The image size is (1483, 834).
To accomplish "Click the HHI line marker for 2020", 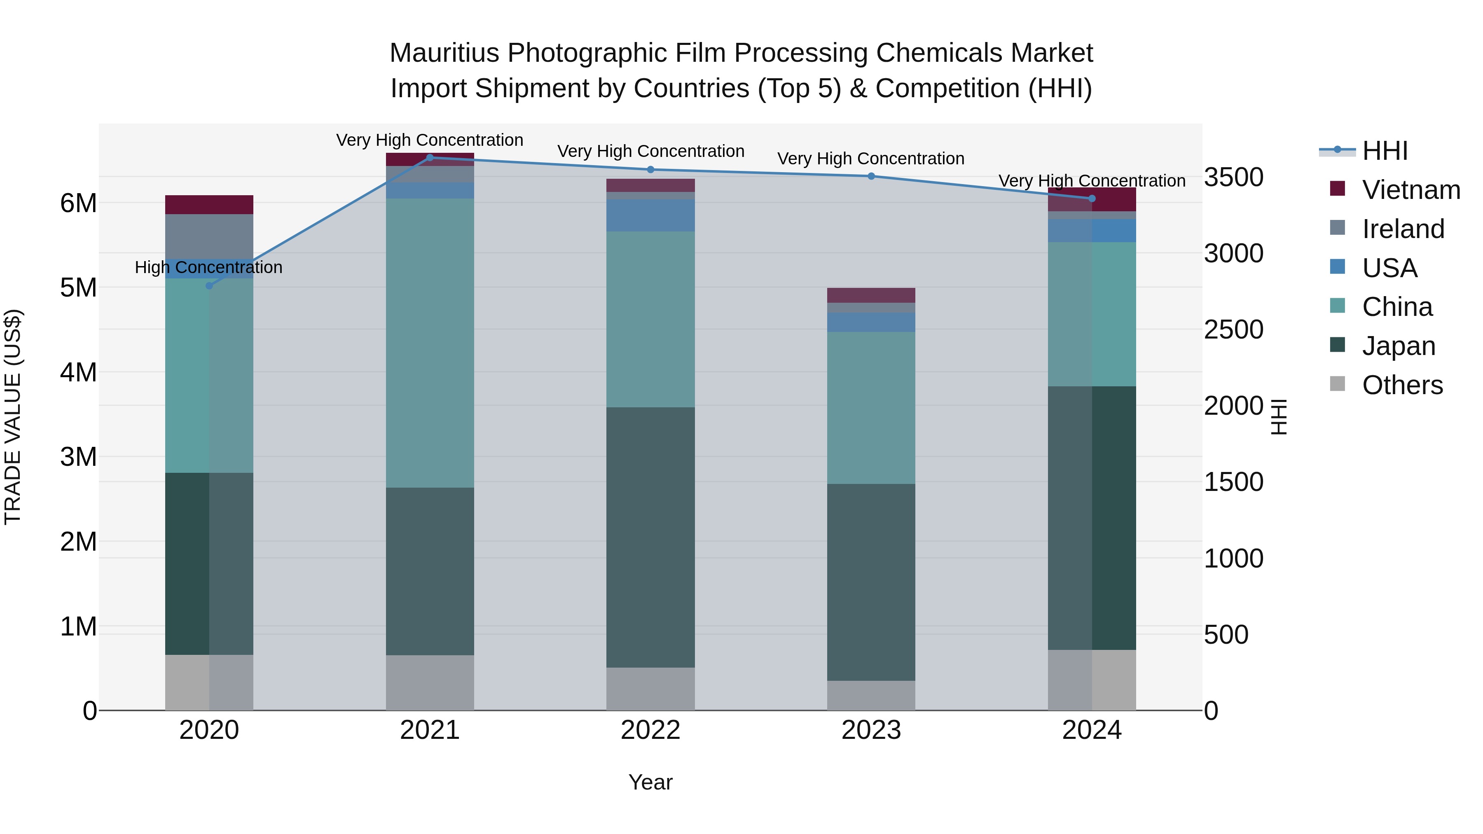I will pos(209,285).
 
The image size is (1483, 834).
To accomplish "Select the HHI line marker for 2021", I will pos(430,157).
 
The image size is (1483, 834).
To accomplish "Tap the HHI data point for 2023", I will pos(871,176).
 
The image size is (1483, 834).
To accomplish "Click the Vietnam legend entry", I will pos(1410,190).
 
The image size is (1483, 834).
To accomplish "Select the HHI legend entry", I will pos(1385,151).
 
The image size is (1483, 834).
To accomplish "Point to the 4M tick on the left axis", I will pos(78,372).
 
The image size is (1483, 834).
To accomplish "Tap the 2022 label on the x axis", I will pos(650,730).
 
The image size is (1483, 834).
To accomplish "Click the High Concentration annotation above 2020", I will pos(208,268).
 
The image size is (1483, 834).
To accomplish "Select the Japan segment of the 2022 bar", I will pos(650,537).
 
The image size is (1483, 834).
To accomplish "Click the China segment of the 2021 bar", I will pos(430,343).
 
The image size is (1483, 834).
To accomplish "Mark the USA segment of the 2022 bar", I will pos(650,215).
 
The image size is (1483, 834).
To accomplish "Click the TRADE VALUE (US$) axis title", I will pos(13,417).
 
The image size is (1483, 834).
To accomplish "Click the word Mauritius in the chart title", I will pos(444,54).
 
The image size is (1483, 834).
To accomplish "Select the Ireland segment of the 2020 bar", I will pos(209,236).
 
